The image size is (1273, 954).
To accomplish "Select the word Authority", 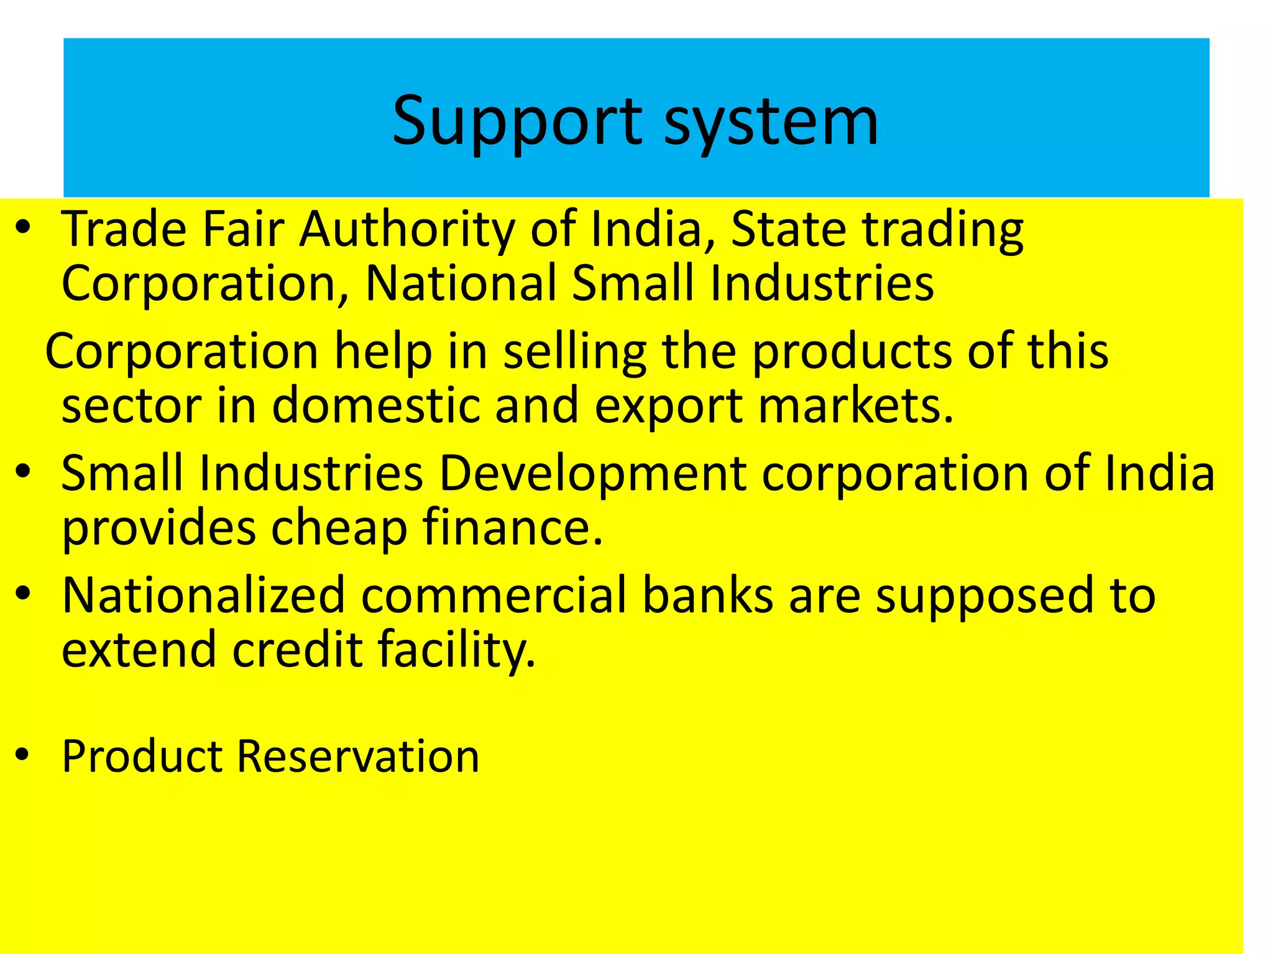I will pyautogui.click(x=407, y=230).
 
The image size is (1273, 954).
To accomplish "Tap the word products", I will pyautogui.click(x=852, y=352).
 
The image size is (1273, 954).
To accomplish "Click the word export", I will pyautogui.click(x=669, y=406).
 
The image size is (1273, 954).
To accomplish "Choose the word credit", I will pyautogui.click(x=298, y=649).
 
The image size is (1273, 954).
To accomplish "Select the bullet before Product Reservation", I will pyautogui.click(x=24, y=755).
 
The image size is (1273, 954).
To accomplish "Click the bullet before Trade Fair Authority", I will pyautogui.click(x=24, y=227).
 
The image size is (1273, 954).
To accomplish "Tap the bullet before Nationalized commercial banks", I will pyautogui.click(x=24, y=593).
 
